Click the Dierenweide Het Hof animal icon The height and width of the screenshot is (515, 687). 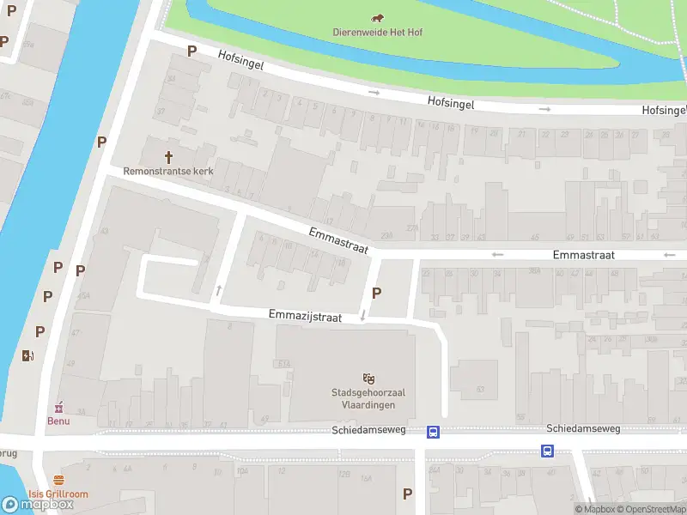[x=378, y=18]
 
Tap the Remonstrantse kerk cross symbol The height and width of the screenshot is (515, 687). [x=168, y=157]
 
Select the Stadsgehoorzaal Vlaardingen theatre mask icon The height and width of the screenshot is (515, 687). [x=369, y=378]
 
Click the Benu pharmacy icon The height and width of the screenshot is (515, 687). [x=59, y=407]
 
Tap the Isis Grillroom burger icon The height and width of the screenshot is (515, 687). [x=58, y=480]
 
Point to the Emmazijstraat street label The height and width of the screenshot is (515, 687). [x=305, y=316]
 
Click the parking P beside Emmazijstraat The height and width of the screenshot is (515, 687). [x=376, y=293]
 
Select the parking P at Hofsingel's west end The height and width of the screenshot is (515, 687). [x=192, y=51]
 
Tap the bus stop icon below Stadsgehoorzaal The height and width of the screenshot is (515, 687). [x=434, y=432]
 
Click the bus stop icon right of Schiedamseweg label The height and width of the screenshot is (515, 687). [x=547, y=451]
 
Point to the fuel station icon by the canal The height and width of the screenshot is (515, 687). [x=27, y=356]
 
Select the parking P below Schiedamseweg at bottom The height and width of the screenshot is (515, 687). [x=407, y=494]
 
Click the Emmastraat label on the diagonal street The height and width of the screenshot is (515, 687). [x=338, y=239]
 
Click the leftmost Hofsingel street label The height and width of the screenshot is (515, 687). [x=240, y=59]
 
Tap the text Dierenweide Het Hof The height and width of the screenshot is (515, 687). [x=378, y=33]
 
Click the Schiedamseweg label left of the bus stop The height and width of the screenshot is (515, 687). [x=362, y=430]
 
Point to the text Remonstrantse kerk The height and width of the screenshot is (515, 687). [x=168, y=171]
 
